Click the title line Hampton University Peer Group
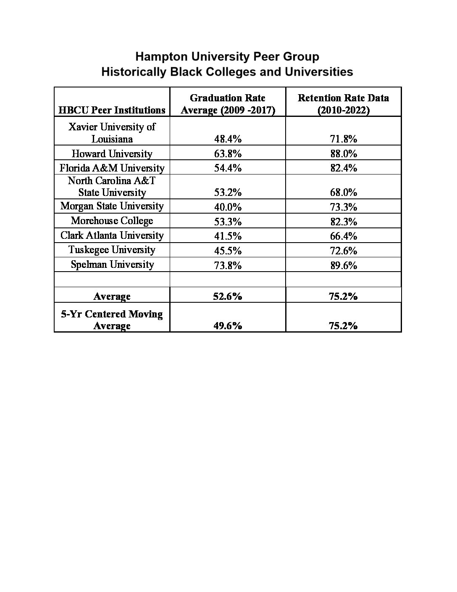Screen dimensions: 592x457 [227, 57]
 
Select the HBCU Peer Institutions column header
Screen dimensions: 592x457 [112, 110]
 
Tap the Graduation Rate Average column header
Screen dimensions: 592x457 [228, 104]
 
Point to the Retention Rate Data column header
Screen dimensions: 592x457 [343, 104]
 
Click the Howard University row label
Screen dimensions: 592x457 [112, 153]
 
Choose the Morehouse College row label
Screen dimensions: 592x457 [112, 221]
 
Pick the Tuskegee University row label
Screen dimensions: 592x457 [112, 250]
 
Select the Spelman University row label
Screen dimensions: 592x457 [112, 264]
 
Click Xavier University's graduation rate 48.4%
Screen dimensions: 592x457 [228, 139]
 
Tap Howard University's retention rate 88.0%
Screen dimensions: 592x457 [343, 153]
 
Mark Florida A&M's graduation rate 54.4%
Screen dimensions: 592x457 [228, 168]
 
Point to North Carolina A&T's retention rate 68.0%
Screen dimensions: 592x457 [343, 193]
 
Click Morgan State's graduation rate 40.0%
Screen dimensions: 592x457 [228, 207]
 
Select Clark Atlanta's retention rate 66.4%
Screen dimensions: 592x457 [343, 236]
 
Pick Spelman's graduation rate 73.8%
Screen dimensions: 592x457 [228, 265]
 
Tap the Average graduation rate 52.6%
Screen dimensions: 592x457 [228, 296]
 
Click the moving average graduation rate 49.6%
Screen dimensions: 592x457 [228, 326]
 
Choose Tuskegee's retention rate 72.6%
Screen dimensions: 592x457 [343, 251]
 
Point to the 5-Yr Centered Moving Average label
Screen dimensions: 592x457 [112, 320]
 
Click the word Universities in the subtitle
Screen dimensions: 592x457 [319, 72]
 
